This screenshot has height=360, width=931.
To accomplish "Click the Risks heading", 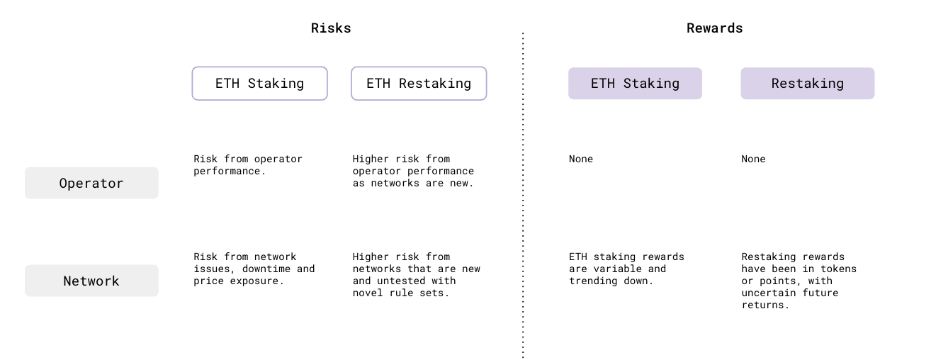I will click(x=331, y=28).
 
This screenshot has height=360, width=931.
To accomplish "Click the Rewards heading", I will click(x=714, y=28).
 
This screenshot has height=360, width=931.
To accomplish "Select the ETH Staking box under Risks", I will click(x=259, y=84).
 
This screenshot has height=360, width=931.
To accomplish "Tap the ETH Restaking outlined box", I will click(x=419, y=84).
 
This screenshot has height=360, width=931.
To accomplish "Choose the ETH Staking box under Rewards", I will click(x=635, y=84).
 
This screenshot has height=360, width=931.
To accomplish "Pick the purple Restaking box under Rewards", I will click(x=807, y=84).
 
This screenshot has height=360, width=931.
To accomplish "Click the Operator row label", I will click(x=91, y=184).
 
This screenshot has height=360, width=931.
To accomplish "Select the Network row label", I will click(x=91, y=281).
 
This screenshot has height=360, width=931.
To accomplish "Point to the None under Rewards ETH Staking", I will click(x=580, y=159).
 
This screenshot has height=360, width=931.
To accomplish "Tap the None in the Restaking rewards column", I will click(x=753, y=159).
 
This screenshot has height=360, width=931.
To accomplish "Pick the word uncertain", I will click(x=768, y=293).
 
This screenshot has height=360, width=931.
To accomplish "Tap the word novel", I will click(x=368, y=293).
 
